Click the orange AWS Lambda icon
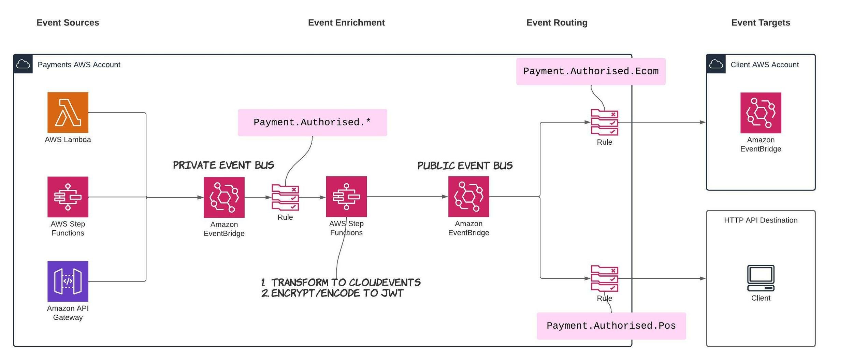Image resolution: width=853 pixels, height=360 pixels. coord(68,112)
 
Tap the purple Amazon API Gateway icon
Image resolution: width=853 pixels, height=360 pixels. coord(68,281)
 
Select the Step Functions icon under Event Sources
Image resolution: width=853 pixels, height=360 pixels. coord(68,197)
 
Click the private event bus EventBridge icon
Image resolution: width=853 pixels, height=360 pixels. coord(224,197)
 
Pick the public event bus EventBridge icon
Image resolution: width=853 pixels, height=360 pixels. coord(468,197)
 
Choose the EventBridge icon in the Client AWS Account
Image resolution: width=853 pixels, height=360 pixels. coord(761,113)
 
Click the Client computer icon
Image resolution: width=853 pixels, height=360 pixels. coord(761,278)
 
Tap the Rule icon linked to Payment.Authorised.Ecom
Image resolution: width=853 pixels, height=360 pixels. coord(604,122)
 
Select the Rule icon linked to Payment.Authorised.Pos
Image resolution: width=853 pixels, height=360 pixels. coord(604,278)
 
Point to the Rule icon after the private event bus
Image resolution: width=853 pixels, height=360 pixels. coord(285,197)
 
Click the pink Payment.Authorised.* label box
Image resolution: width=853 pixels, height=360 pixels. coord(312,123)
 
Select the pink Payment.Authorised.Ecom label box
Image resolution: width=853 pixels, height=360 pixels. coord(591,71)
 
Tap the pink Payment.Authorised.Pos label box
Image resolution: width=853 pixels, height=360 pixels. coord(611,326)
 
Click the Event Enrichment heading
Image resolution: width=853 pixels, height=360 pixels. coord(346,23)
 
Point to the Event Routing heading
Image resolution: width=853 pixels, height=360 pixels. coord(557,23)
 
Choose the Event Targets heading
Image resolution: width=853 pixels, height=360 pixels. coord(761,23)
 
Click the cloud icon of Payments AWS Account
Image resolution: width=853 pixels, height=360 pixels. coord(23,64)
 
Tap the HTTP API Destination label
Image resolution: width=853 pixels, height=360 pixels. coord(761,220)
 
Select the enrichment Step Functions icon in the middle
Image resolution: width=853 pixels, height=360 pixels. coord(346,197)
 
